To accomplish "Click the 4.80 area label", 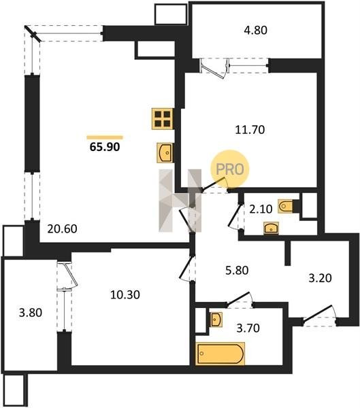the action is click(256, 30).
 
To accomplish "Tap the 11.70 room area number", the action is click(250, 130).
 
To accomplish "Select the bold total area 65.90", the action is click(105, 147).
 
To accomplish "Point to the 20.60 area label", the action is click(62, 229).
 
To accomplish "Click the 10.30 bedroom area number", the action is click(125, 295).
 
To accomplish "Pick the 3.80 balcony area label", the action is click(31, 313).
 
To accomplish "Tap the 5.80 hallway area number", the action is click(237, 271).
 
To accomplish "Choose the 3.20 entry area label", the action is click(320, 278).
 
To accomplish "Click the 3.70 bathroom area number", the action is click(248, 328).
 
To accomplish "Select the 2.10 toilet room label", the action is click(261, 209).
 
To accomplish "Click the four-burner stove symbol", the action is click(163, 118).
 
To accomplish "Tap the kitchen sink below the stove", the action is click(165, 153).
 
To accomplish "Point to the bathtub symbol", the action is click(220, 354).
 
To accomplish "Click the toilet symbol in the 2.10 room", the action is click(286, 206).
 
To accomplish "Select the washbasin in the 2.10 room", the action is click(271, 228).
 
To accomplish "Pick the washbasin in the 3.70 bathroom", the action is click(216, 320).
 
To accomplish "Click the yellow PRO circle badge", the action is click(230, 169).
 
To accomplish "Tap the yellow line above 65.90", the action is click(105, 137).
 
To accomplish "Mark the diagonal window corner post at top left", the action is click(33, 33).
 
